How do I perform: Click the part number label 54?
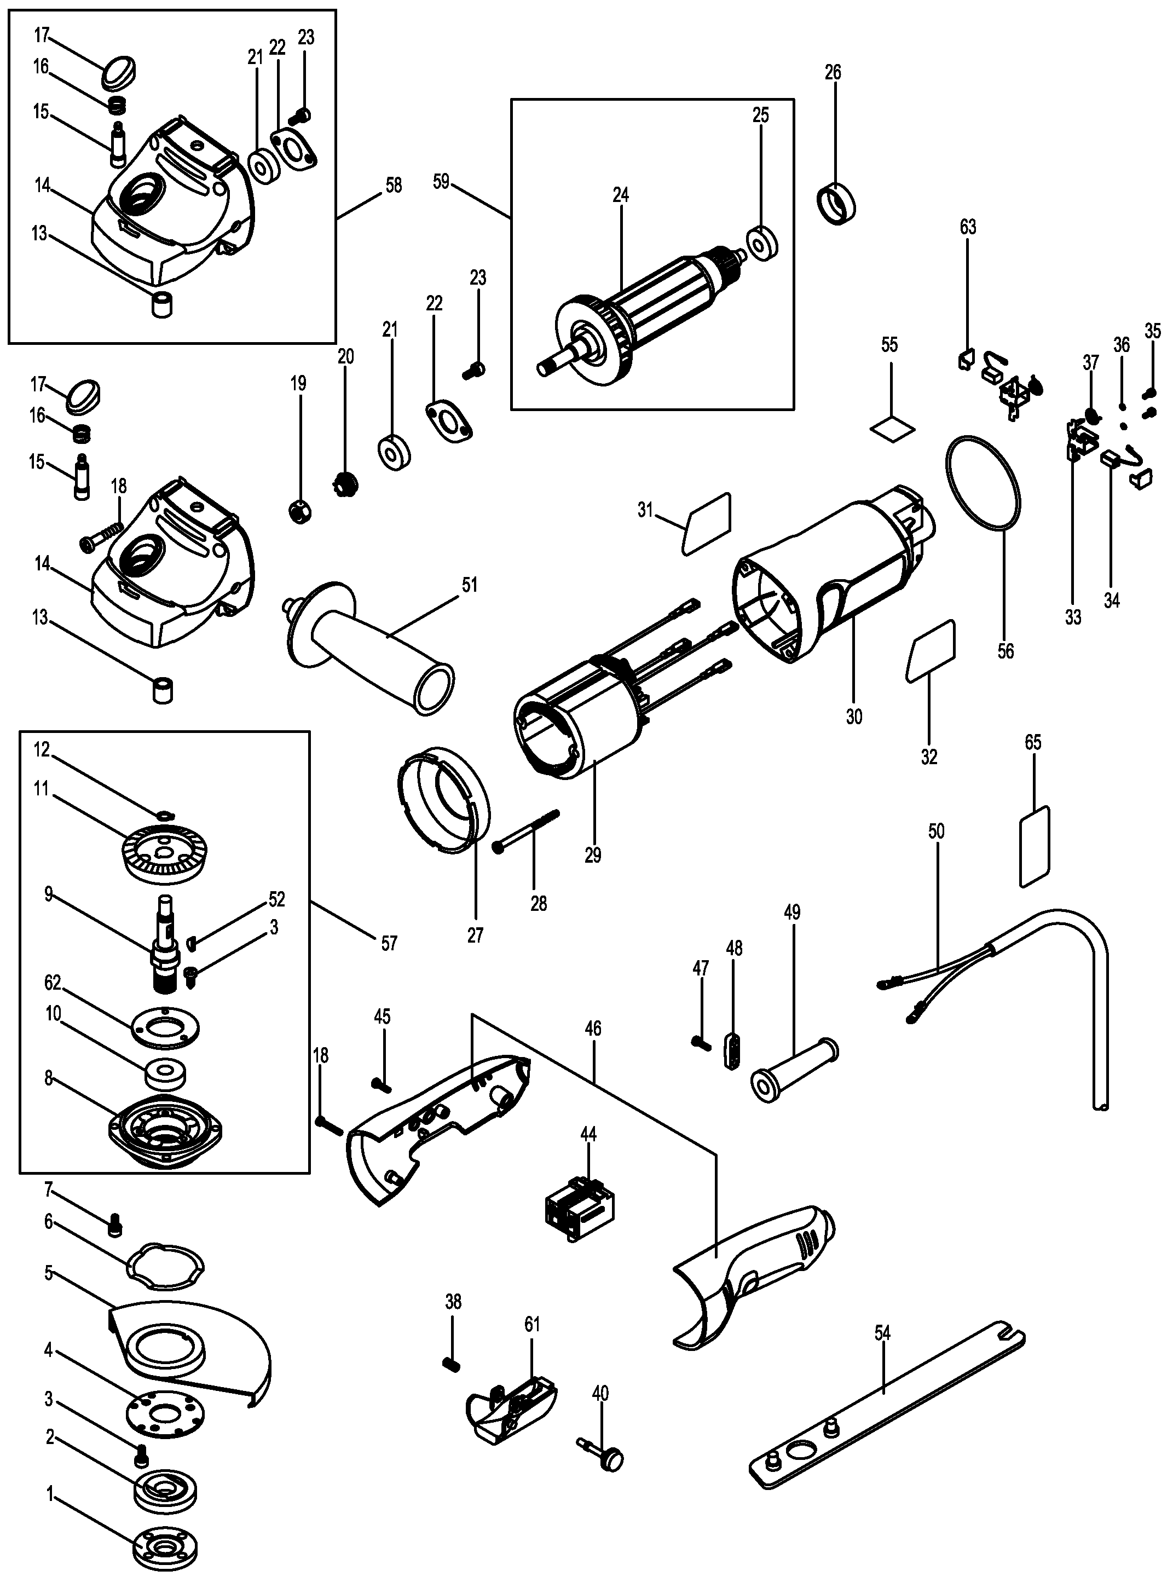pyautogui.click(x=882, y=1333)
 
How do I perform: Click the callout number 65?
pyautogui.click(x=1033, y=742)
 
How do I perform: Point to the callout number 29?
pyautogui.click(x=593, y=856)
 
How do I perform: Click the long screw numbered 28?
pyautogui.click(x=527, y=829)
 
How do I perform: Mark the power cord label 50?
pyautogui.click(x=937, y=830)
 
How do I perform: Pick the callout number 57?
pyautogui.click(x=389, y=943)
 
